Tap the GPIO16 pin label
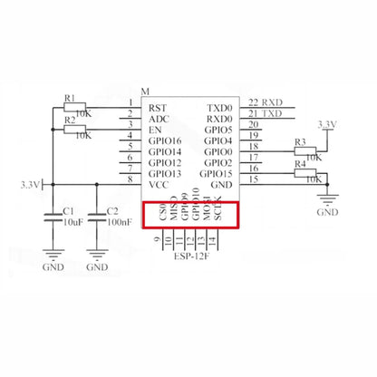click(164, 140)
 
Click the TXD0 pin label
click(219, 108)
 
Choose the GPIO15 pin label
click(216, 172)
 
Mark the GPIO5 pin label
click(218, 130)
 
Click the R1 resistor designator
click(70, 97)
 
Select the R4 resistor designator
click(300, 165)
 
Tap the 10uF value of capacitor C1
click(73, 221)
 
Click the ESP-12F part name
click(191, 256)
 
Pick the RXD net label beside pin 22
click(273, 102)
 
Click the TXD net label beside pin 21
click(273, 113)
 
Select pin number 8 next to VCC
click(132, 179)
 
